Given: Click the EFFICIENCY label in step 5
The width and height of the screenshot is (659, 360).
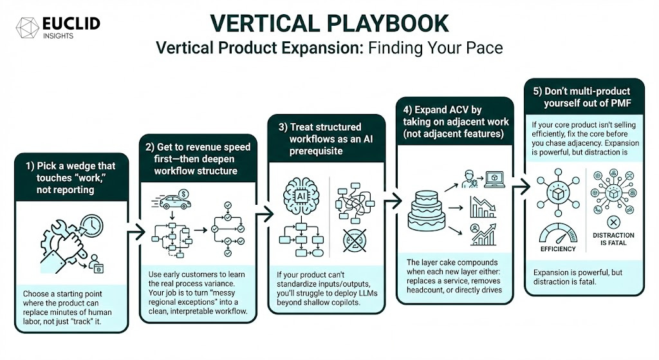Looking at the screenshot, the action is [558, 249].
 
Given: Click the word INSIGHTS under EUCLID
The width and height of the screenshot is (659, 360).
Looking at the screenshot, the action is [59, 36].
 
